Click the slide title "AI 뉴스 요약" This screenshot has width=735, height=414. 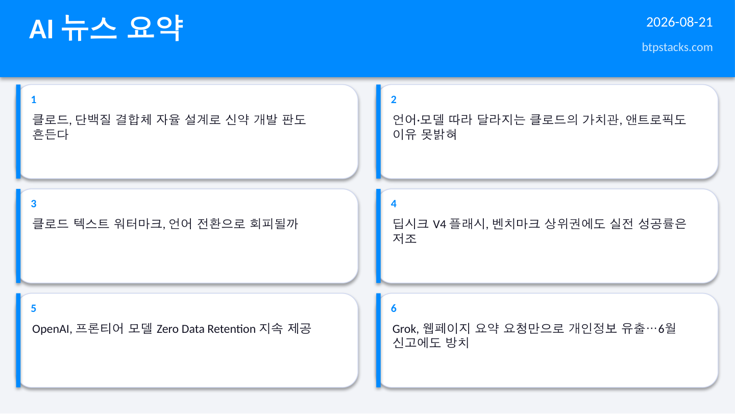[106, 28]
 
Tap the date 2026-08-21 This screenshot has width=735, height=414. [679, 22]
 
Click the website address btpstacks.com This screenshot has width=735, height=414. [677, 47]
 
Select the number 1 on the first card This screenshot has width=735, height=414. [34, 100]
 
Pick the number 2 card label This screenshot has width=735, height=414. [394, 100]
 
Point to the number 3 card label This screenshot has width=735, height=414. [34, 204]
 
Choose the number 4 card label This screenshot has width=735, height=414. [394, 204]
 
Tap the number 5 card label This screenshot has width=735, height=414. [34, 308]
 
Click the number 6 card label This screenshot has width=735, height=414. [394, 308]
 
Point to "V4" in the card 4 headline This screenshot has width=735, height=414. [439, 225]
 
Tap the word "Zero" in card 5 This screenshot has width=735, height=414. [167, 329]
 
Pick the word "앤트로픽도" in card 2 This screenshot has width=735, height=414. [656, 120]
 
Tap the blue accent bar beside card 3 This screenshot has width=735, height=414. [18, 236]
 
